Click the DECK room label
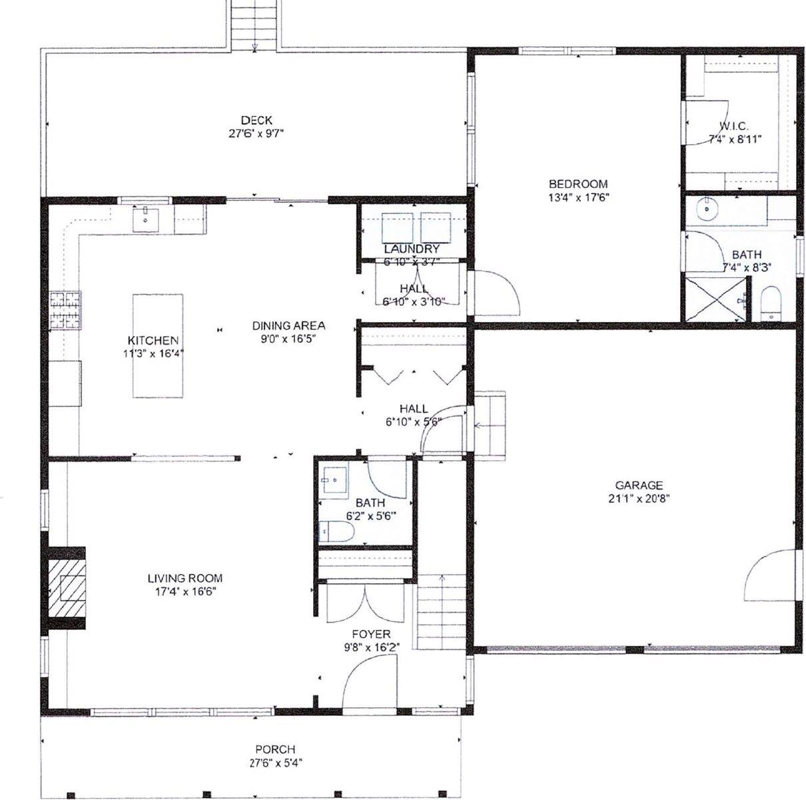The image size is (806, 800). (256, 121)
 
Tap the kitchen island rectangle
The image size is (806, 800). (158, 345)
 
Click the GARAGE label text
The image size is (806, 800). (639, 485)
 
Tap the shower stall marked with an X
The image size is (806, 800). (715, 299)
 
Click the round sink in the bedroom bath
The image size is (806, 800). (705, 210)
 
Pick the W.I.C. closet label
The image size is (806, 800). (733, 126)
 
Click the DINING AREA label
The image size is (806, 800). (288, 326)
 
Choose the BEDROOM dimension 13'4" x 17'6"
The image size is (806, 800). (578, 197)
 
